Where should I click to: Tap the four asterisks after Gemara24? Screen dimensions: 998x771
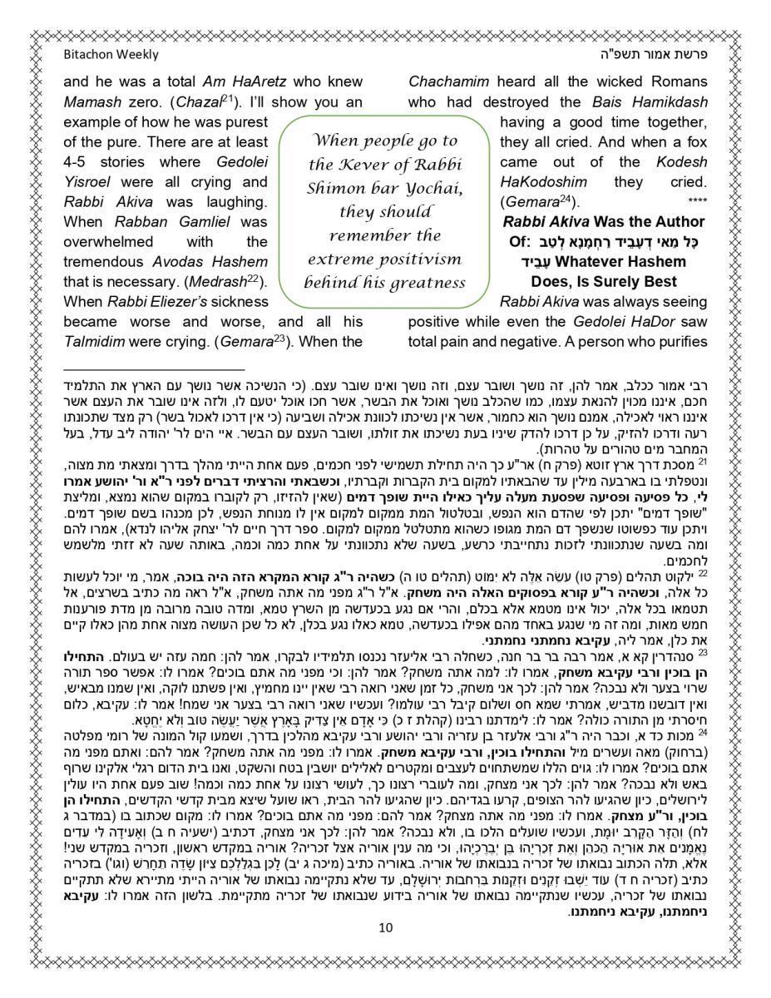pyautogui.click(x=697, y=203)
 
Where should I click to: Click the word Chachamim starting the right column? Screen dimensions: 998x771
pyautogui.click(x=449, y=82)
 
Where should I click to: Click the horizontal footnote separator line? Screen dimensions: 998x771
pyautogui.click(x=154, y=368)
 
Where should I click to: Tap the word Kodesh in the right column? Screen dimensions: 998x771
pyautogui.click(x=683, y=162)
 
